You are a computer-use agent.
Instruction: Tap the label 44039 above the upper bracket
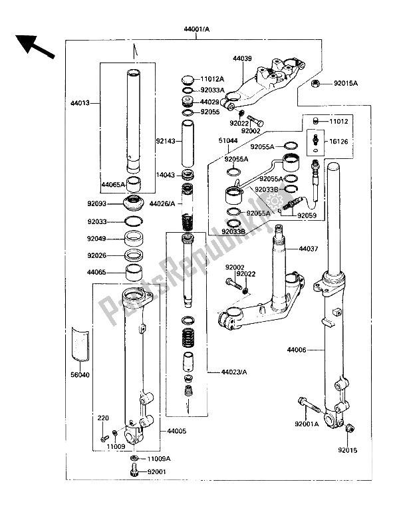pyautogui.click(x=242, y=59)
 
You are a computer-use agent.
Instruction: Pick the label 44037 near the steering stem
pyautogui.click(x=307, y=249)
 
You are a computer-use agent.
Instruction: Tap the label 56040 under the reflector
pyautogui.click(x=80, y=374)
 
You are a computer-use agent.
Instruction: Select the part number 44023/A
pyautogui.click(x=223, y=372)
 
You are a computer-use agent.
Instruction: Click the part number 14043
pyautogui.click(x=167, y=175)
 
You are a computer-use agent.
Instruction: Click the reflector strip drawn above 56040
pyautogui.click(x=80, y=344)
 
